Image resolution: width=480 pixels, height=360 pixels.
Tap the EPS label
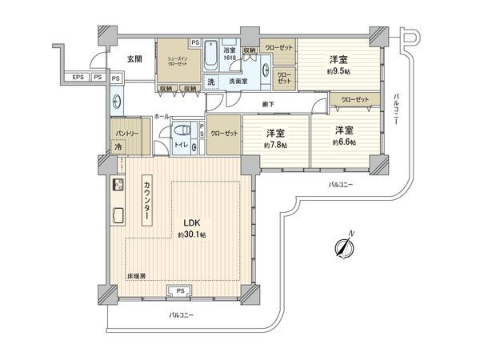pos(78,77)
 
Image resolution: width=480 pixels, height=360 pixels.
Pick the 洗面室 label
pos(238,82)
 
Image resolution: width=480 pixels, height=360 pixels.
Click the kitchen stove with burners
pos(118,186)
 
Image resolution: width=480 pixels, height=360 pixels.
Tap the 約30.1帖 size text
pos(192,235)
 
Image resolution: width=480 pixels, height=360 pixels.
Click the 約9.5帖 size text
pos(338,70)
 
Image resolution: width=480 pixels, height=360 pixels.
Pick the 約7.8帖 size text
pos(277,146)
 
